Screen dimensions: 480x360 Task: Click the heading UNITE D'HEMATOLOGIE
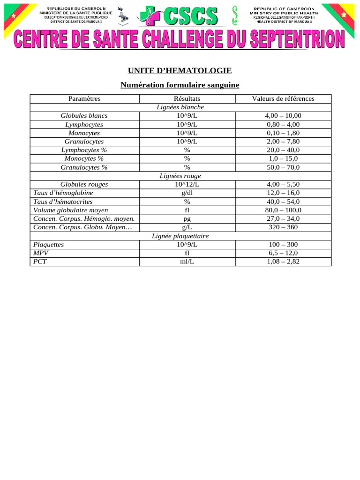(x=180, y=71)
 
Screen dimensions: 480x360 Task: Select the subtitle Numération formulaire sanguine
(x=180, y=85)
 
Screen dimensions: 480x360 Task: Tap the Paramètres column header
(x=84, y=98)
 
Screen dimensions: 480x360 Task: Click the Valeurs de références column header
(x=283, y=98)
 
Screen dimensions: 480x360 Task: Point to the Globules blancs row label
(x=84, y=116)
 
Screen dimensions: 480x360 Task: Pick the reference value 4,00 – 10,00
(x=283, y=116)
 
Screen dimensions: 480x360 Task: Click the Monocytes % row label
(x=84, y=158)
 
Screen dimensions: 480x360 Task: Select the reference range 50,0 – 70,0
(x=283, y=167)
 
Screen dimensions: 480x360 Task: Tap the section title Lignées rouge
(x=180, y=176)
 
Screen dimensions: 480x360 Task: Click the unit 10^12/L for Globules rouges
(x=187, y=184)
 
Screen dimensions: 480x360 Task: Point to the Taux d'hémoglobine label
(x=63, y=193)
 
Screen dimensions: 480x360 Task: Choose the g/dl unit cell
(x=187, y=193)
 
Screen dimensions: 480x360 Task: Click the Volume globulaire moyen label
(x=71, y=210)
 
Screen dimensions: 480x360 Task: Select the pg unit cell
(x=187, y=219)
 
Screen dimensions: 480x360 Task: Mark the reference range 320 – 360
(x=283, y=227)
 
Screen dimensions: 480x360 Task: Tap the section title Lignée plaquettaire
(x=180, y=236)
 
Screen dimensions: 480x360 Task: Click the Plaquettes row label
(x=49, y=245)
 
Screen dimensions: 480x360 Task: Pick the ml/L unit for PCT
(x=187, y=262)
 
